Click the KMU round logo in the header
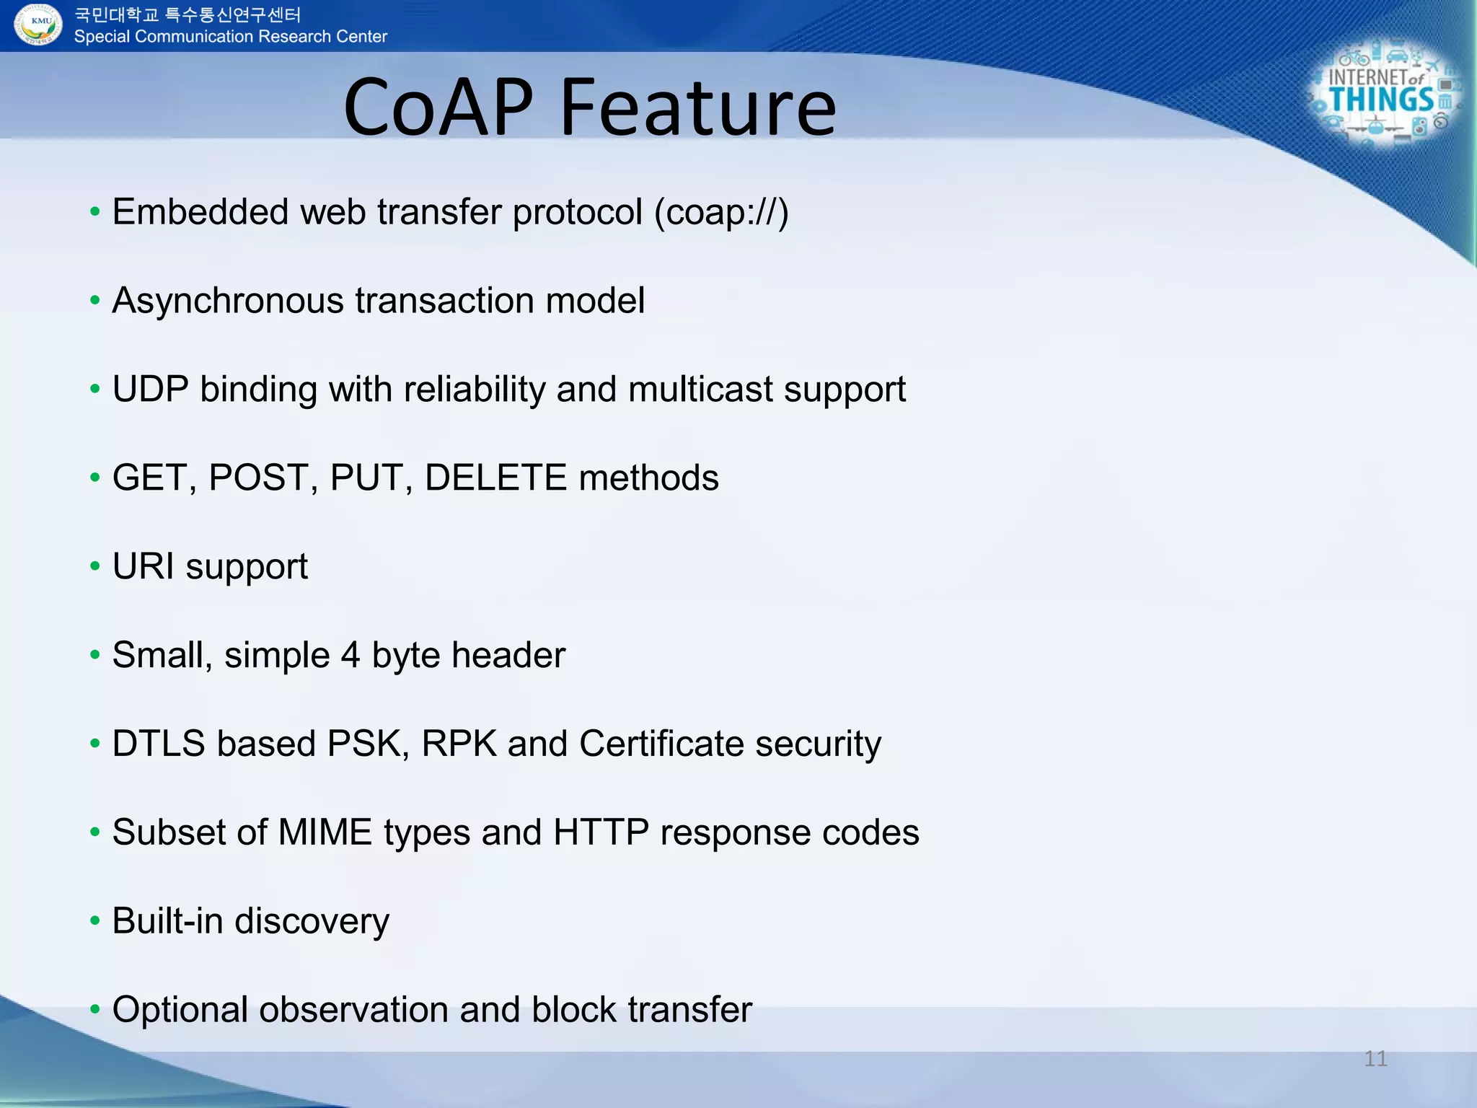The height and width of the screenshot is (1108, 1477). pyautogui.click(x=38, y=24)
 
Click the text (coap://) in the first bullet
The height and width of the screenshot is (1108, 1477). pyautogui.click(x=720, y=212)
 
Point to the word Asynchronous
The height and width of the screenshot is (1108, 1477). pyautogui.click(x=227, y=301)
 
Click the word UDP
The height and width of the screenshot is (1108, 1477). pyautogui.click(x=150, y=390)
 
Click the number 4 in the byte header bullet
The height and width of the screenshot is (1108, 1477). pyautogui.click(x=350, y=655)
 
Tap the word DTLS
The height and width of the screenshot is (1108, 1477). pyautogui.click(x=158, y=744)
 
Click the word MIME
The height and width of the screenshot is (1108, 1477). pyautogui.click(x=325, y=832)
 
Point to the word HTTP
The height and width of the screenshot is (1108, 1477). pyautogui.click(x=601, y=832)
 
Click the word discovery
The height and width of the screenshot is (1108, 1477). pyautogui.click(x=311, y=921)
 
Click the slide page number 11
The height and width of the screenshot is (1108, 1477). pyautogui.click(x=1375, y=1059)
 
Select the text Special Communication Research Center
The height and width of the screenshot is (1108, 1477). pyautogui.click(x=230, y=37)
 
